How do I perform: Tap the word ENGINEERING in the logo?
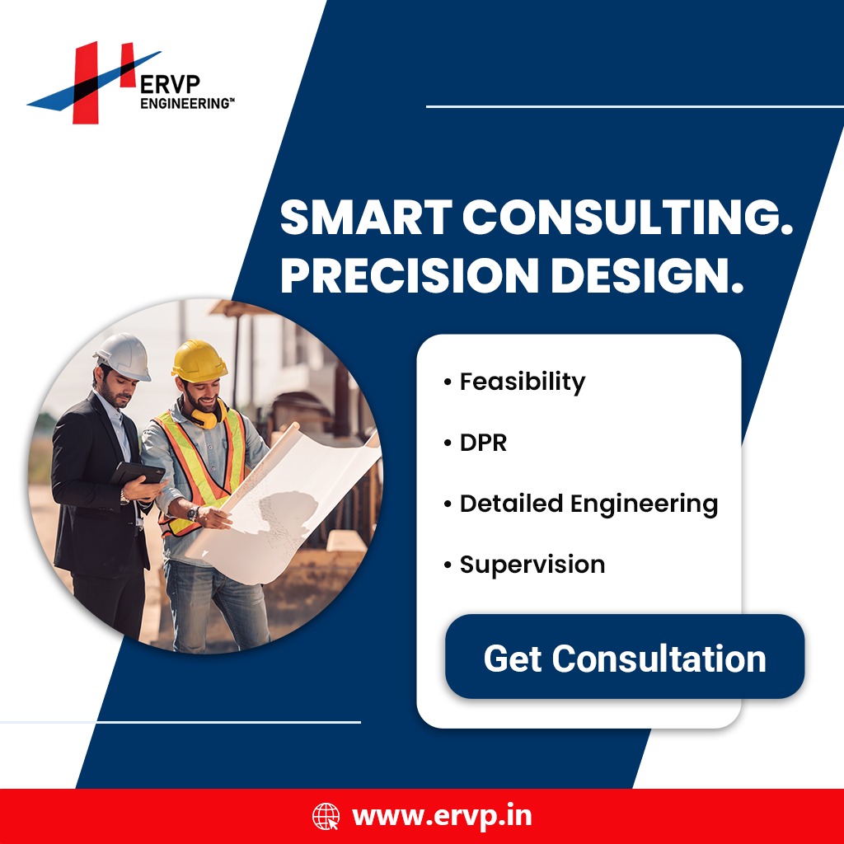(x=187, y=103)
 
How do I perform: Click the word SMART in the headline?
(x=366, y=217)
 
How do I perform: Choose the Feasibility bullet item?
(x=514, y=382)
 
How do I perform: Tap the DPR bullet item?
(x=476, y=443)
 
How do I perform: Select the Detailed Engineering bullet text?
(x=581, y=504)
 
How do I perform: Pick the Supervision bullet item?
(x=524, y=565)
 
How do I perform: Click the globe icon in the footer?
(x=326, y=816)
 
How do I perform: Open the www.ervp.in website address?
(x=442, y=817)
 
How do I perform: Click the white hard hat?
(x=124, y=356)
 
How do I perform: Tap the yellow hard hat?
(x=199, y=360)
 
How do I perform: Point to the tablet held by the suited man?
(x=138, y=473)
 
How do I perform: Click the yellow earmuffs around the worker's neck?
(x=207, y=415)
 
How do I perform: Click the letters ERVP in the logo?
(x=170, y=85)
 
